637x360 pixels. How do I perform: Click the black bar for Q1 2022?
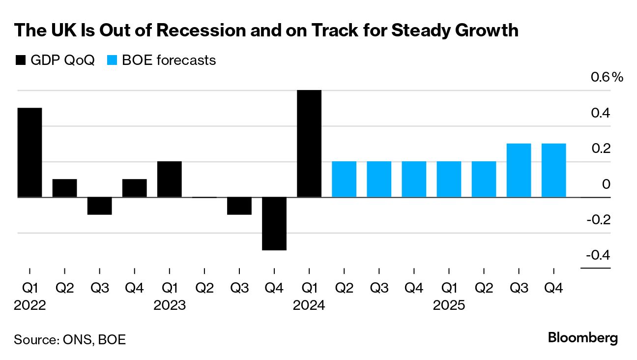point(29,152)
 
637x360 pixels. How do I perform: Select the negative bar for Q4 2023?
point(274,224)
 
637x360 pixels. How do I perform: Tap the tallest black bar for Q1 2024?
point(309,144)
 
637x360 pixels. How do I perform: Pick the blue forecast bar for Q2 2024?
point(344,180)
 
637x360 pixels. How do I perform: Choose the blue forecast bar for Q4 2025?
point(553,171)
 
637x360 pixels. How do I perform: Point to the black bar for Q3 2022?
point(100,206)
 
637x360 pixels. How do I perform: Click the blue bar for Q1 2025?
point(449,180)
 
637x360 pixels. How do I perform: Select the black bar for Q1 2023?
point(170,180)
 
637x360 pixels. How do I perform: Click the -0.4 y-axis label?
point(598,255)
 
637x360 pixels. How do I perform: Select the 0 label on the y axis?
point(606,184)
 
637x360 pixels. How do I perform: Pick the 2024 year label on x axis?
point(309,305)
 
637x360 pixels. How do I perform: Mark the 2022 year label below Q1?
point(29,305)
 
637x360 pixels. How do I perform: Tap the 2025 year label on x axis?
point(449,305)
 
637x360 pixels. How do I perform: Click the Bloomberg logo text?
point(582,338)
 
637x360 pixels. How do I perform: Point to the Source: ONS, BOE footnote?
point(70,339)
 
